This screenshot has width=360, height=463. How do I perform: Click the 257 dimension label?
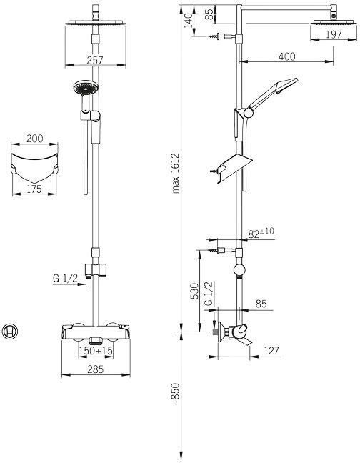tap(95, 60)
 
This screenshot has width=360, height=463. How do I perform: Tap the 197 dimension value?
tap(334, 34)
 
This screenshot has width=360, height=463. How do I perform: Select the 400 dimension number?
tap(286, 56)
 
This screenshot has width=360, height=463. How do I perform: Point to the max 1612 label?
tap(176, 174)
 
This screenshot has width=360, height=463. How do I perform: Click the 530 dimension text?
tap(195, 291)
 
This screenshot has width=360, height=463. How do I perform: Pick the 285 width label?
tap(96, 369)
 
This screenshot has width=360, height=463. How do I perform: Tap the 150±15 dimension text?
tap(96, 351)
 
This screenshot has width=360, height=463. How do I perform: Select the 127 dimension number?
tap(271, 351)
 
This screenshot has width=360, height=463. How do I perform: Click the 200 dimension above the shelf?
tap(34, 138)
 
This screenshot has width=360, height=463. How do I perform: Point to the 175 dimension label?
tap(34, 189)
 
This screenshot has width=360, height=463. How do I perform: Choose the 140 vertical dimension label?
tap(189, 20)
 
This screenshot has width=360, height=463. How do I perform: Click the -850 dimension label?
tap(176, 394)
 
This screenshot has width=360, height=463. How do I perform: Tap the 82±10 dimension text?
tap(261, 233)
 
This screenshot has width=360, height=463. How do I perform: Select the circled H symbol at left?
tap(10, 331)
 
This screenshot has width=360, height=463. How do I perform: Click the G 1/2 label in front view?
tap(65, 278)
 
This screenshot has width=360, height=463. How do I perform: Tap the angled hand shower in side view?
tap(267, 97)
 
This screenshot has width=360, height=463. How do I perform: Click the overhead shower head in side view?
tap(333, 22)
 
